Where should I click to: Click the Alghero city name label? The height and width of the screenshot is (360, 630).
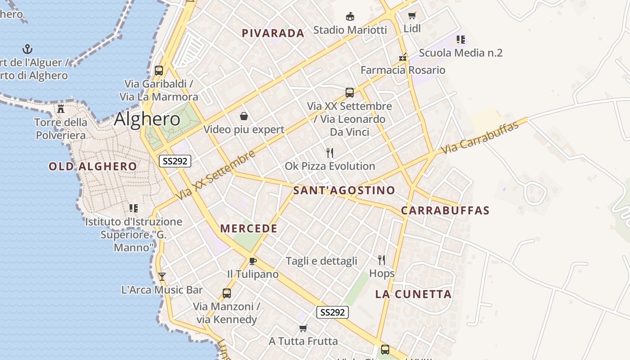[147, 119]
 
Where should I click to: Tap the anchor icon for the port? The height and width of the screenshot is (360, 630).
[28, 49]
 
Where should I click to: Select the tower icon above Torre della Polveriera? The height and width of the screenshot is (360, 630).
[61, 108]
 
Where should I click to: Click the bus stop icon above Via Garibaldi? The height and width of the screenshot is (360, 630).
[159, 70]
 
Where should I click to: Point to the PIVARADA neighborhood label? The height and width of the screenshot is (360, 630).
[273, 33]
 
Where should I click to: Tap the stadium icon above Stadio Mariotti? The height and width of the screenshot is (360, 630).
[350, 17]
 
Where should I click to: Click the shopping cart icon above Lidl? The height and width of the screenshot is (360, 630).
[412, 16]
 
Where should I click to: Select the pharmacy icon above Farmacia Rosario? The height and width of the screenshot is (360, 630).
[403, 57]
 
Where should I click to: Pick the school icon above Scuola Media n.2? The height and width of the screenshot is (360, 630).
[460, 40]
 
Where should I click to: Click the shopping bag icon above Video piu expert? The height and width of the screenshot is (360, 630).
[244, 117]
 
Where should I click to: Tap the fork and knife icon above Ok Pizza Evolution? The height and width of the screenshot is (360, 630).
[330, 153]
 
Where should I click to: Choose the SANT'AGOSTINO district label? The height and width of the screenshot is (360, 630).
[344, 190]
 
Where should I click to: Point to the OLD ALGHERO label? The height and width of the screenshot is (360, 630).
[93, 166]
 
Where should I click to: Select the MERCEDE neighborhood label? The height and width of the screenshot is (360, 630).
[249, 229]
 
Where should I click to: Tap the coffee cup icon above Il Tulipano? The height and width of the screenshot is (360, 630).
[252, 261]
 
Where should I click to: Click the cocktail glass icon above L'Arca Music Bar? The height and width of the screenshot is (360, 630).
[162, 277]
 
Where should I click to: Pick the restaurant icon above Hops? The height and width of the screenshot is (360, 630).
[382, 260]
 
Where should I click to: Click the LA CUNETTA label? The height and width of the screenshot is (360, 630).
[414, 294]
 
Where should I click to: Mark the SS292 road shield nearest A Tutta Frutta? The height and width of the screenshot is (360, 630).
[333, 312]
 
